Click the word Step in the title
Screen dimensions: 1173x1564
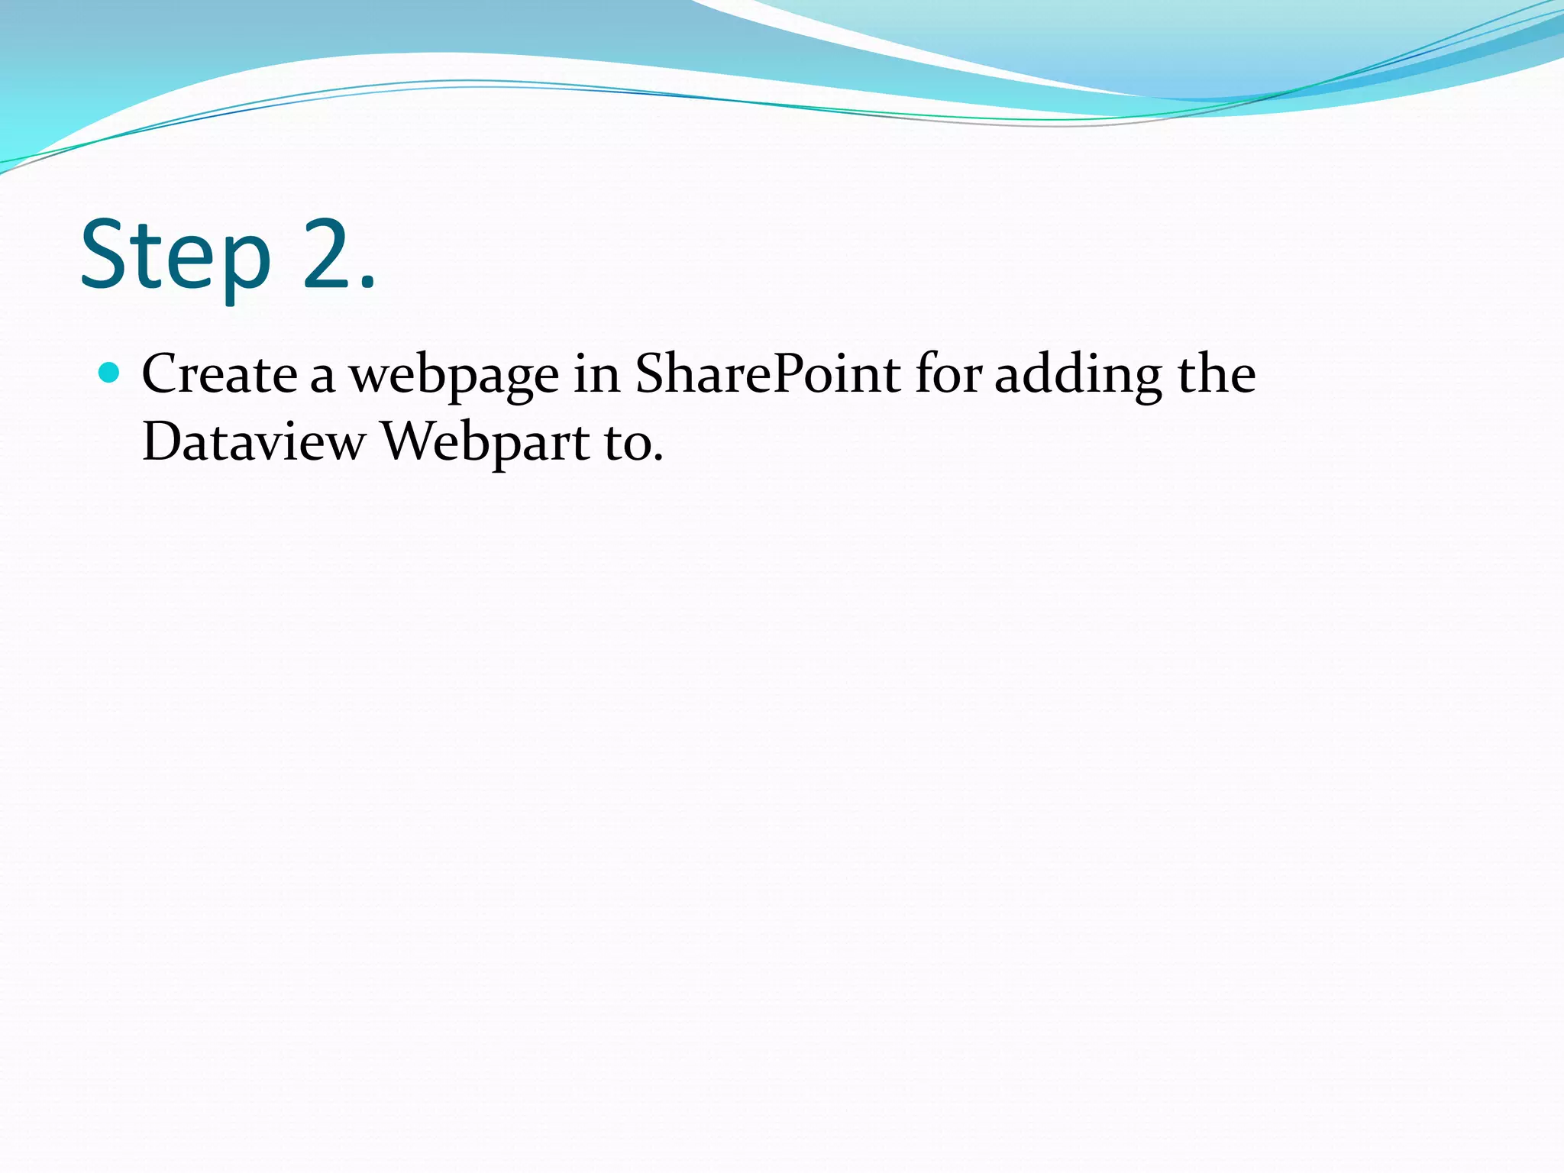(x=176, y=256)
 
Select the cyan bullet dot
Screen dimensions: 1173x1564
(x=110, y=373)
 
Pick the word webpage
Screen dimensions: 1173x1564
(x=454, y=376)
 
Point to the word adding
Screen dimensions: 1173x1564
(x=1078, y=376)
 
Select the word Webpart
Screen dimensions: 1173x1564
(x=486, y=443)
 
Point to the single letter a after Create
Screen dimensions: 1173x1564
(x=322, y=379)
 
